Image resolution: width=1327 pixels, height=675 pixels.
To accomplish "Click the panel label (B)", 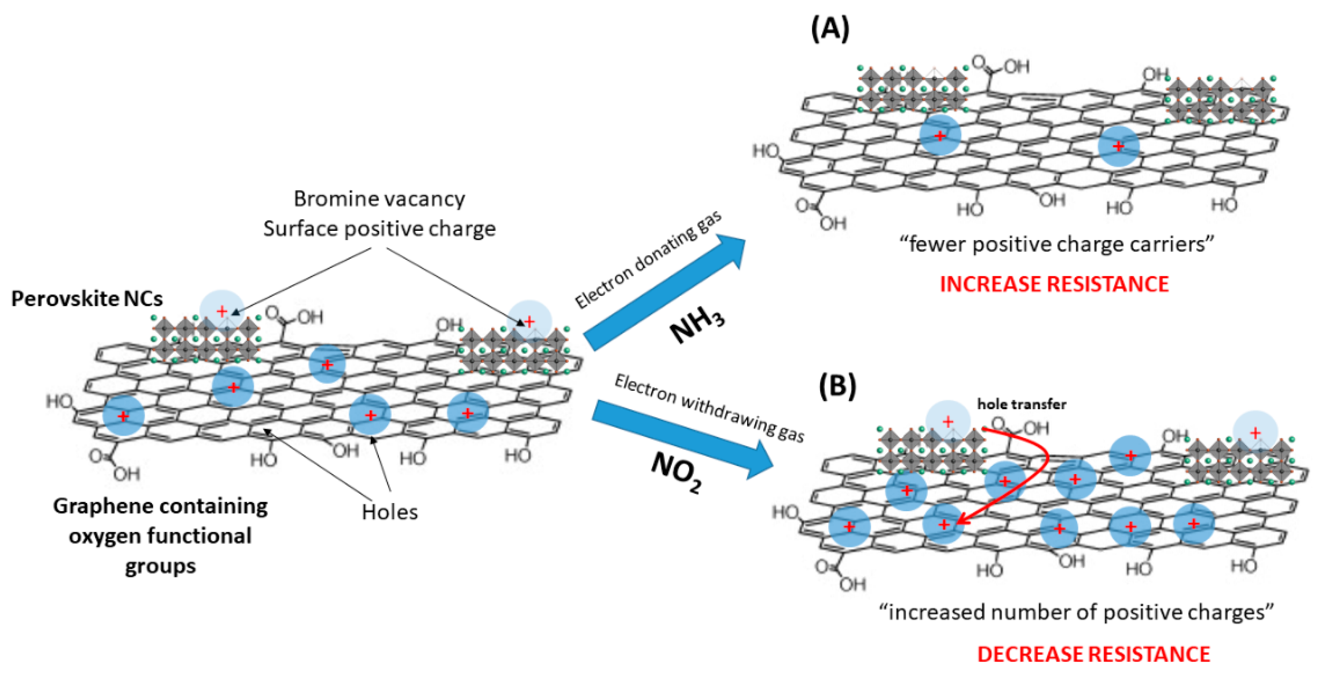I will point(837,387).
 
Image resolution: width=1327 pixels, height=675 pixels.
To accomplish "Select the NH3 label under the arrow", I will point(697,326).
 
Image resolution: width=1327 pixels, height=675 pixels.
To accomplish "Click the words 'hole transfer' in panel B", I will point(1021,404).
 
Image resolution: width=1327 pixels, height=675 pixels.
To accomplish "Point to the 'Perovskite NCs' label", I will point(87,299).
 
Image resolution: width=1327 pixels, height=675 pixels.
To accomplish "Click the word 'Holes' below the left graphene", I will point(390,512).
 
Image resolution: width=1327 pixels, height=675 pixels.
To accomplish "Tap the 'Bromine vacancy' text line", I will point(379,199).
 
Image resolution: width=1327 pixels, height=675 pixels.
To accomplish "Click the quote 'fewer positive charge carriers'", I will point(1056,244).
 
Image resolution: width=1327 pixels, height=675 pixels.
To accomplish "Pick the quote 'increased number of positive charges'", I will point(1076,612).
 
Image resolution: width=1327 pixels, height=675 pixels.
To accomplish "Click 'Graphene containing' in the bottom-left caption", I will point(160,506).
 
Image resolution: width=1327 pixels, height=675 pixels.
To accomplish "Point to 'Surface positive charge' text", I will point(379,229).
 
